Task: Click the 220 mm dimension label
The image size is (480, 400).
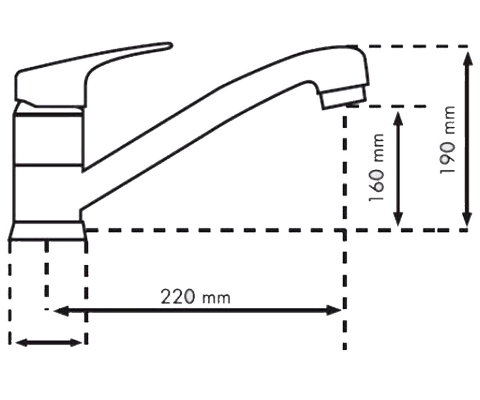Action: (195, 297)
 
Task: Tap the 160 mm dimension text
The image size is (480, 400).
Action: (376, 167)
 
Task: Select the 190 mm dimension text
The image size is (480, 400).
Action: (447, 140)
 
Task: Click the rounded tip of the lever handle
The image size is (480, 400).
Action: (170, 45)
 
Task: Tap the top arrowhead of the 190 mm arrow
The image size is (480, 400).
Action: (467, 59)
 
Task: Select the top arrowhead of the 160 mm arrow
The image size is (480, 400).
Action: (398, 119)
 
